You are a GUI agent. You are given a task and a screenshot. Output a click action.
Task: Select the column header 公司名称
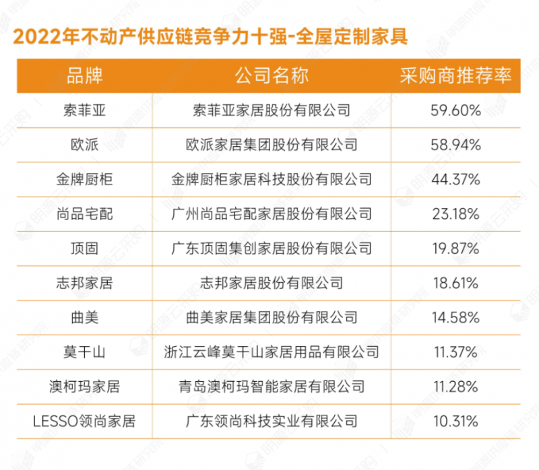coord(272,75)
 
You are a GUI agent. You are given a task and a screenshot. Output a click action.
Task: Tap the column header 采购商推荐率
coord(455,75)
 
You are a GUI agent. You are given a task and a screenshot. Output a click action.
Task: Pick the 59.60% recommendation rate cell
coord(455,110)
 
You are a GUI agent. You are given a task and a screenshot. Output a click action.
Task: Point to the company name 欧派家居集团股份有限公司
coord(272,145)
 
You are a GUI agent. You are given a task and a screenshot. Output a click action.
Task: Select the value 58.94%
coord(455,145)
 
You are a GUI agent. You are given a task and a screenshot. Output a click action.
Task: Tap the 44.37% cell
coord(455,180)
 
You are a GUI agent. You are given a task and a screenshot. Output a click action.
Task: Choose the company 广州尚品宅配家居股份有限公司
coord(272,214)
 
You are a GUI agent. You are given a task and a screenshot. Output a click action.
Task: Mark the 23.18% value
coord(455,214)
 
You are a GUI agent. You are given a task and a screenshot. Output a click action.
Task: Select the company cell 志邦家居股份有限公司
coord(272,283)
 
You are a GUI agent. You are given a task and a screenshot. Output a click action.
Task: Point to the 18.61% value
coord(455,283)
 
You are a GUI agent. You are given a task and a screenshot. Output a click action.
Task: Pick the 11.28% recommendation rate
coord(455,387)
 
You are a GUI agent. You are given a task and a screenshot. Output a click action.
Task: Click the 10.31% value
coord(455,422)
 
